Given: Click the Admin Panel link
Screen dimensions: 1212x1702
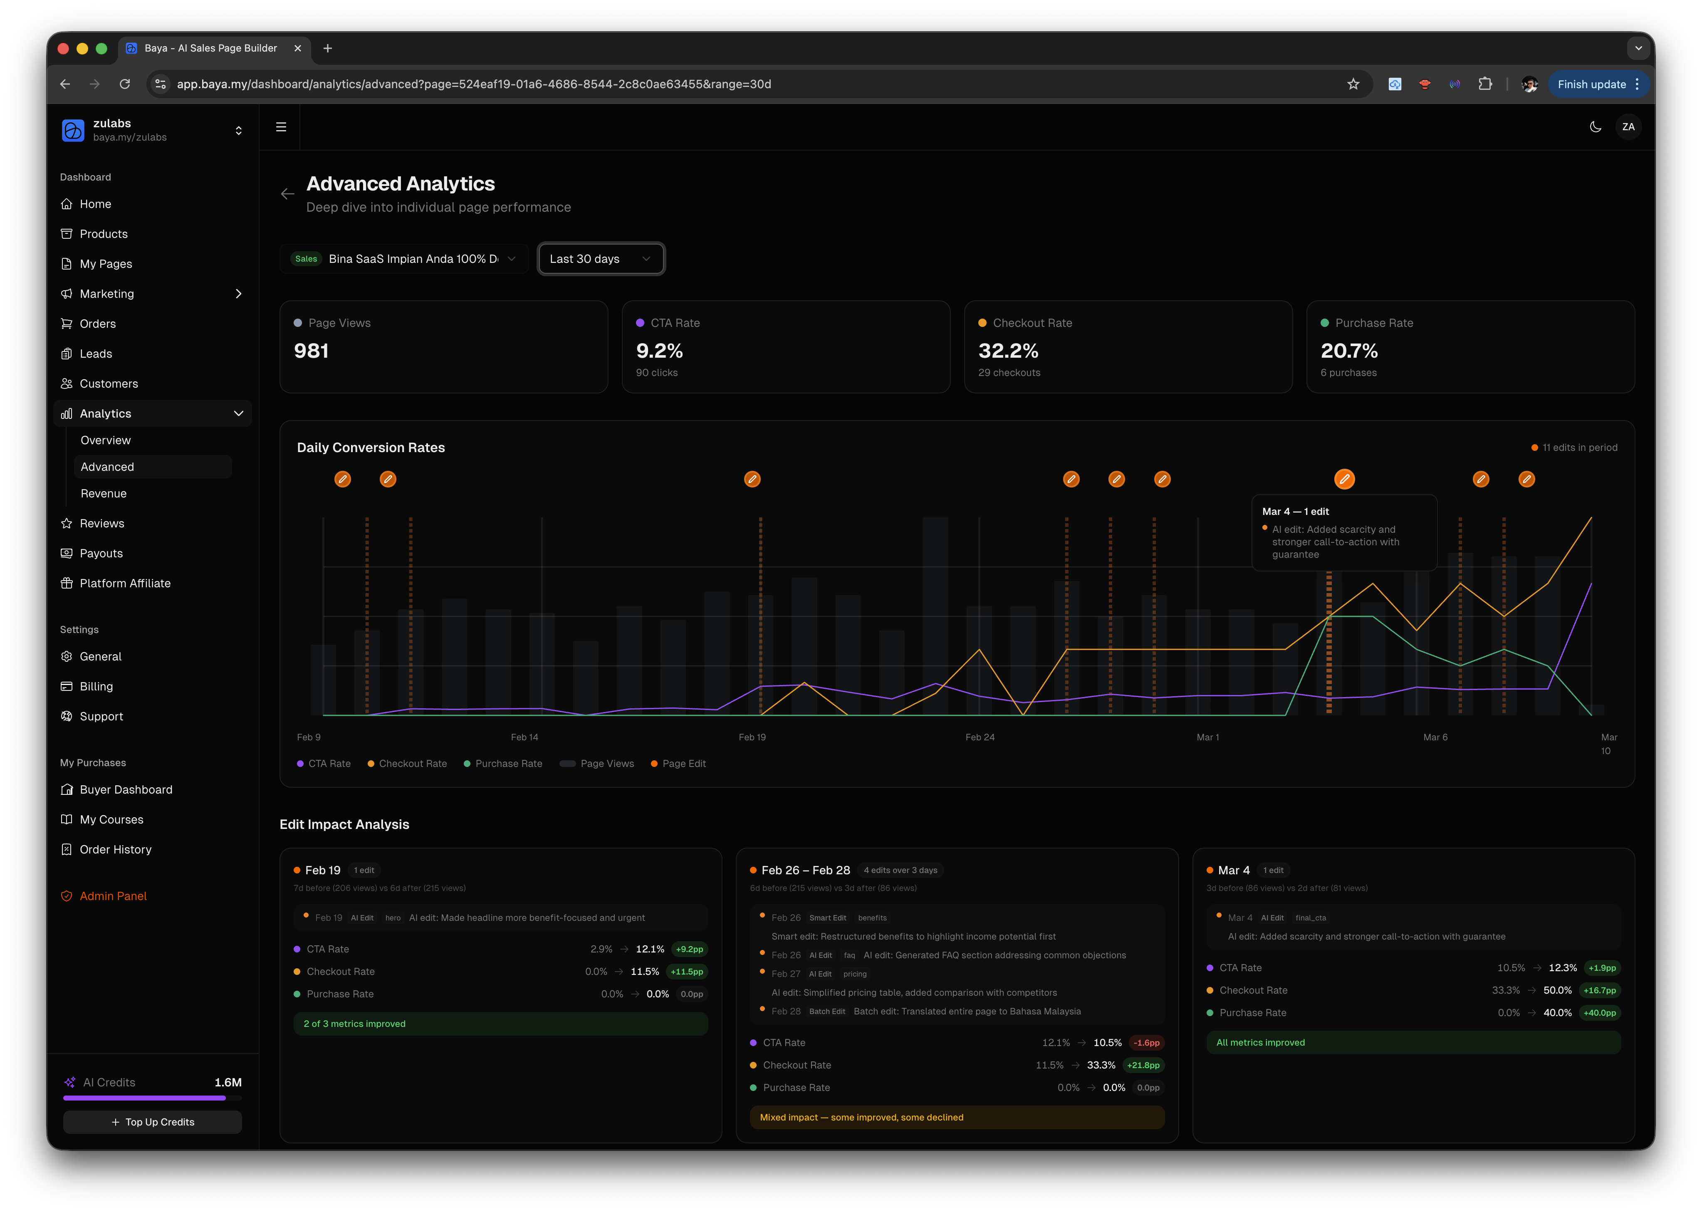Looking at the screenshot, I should (113, 895).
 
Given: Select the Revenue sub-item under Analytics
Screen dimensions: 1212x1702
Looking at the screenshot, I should (104, 493).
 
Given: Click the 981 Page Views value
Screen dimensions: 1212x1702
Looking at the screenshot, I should (311, 351).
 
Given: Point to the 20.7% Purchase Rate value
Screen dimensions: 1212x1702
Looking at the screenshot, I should (1348, 351).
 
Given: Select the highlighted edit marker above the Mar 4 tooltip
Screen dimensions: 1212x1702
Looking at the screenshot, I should (1344, 479).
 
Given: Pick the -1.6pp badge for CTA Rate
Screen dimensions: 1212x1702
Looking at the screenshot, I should (1146, 1043).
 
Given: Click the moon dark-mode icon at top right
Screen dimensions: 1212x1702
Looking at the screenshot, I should (1595, 127).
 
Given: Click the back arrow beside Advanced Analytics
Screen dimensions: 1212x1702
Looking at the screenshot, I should (287, 194).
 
